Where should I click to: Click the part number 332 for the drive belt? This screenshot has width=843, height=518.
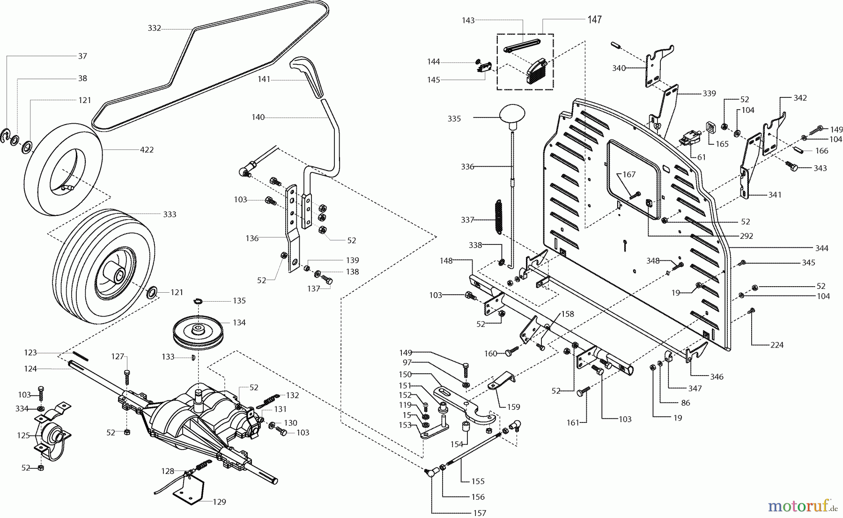click(x=154, y=28)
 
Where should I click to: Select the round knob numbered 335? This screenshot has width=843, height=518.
click(x=512, y=115)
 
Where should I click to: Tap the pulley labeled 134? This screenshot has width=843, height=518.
click(x=199, y=331)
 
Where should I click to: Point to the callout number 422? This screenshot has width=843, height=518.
click(x=147, y=150)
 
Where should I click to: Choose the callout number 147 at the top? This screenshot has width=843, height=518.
click(x=594, y=20)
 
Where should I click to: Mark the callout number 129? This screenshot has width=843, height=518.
click(x=219, y=502)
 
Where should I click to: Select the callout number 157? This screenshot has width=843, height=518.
click(x=480, y=513)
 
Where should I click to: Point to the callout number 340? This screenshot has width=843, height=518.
click(x=619, y=68)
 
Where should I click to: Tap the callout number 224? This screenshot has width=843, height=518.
click(x=776, y=345)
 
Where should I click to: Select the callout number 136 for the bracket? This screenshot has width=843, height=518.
click(x=252, y=238)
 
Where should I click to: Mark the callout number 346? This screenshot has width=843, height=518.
click(x=717, y=377)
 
